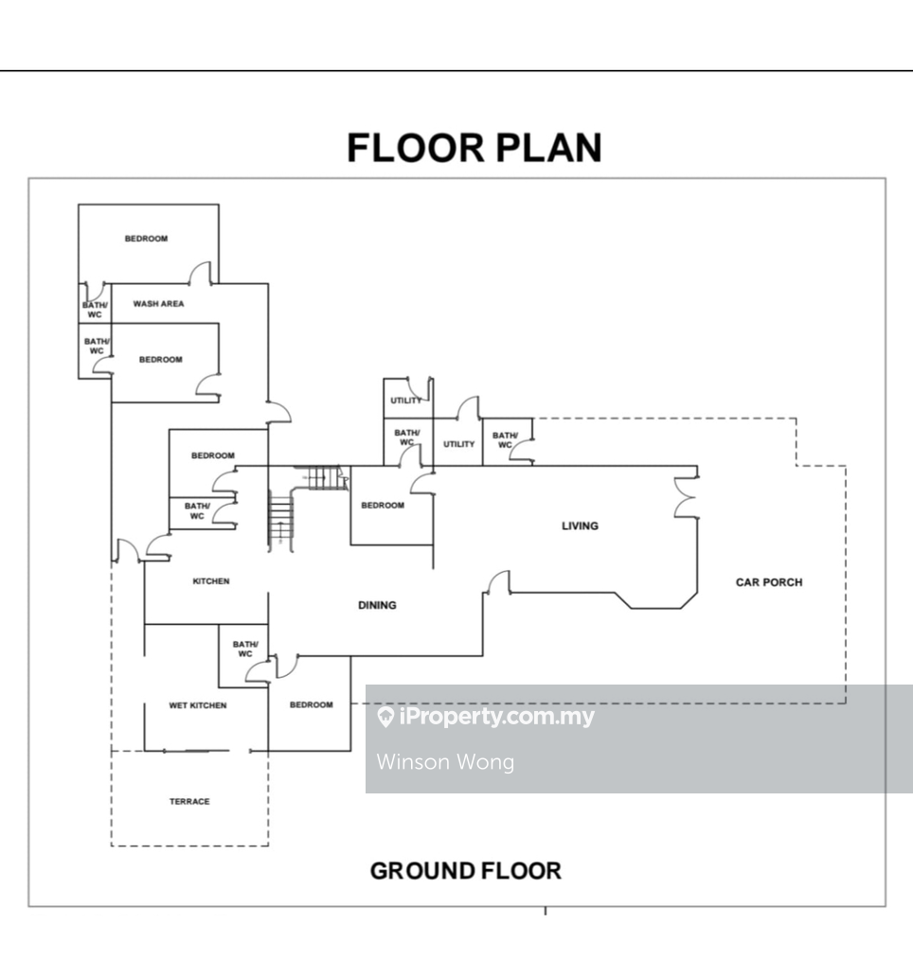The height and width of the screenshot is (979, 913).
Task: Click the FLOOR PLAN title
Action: [x=474, y=149]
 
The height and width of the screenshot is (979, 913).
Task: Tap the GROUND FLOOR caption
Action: [x=465, y=870]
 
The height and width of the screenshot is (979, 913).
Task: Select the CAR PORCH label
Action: [x=768, y=582]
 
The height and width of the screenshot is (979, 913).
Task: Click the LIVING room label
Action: [x=580, y=525]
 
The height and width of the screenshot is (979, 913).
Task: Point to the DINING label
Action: [x=377, y=605]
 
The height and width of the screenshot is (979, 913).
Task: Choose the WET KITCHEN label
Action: [x=198, y=705]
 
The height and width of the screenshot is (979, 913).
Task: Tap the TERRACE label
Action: [x=189, y=802]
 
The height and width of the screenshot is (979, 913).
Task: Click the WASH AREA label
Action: [x=158, y=304]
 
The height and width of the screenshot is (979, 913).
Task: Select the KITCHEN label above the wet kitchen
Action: [x=210, y=581]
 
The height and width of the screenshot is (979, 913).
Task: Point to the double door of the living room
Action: [x=685, y=498]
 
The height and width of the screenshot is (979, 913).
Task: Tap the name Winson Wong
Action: [x=445, y=761]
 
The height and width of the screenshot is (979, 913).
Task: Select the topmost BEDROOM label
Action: [x=146, y=239]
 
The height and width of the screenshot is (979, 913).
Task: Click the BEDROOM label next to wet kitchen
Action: [x=311, y=704]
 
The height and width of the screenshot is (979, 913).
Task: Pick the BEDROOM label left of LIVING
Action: [x=382, y=506]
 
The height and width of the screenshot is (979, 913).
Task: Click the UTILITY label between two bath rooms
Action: [x=458, y=444]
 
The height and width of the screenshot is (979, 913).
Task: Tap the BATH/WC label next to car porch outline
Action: [x=504, y=440]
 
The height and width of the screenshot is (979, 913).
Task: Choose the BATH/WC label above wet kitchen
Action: [x=244, y=649]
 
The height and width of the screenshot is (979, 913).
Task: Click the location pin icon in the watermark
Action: [x=385, y=718]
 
